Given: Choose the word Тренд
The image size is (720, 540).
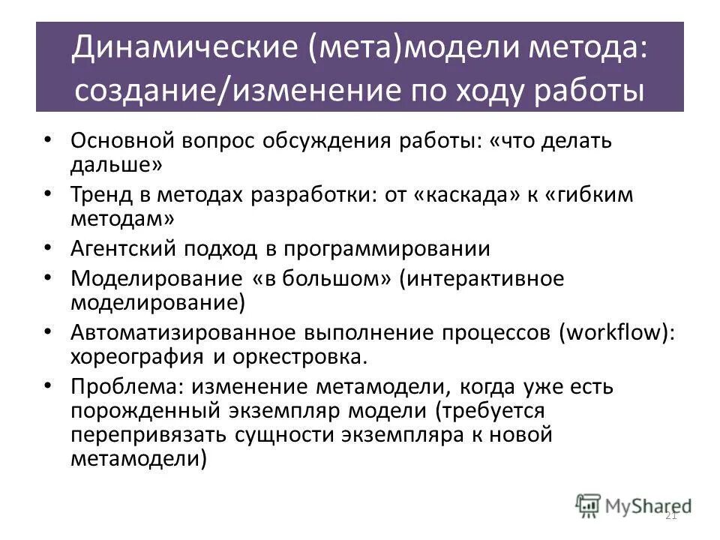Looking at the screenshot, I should (100, 196).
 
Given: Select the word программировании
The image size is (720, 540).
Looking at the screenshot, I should (409, 250).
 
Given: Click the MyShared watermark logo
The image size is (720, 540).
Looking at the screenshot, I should (634, 505).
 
